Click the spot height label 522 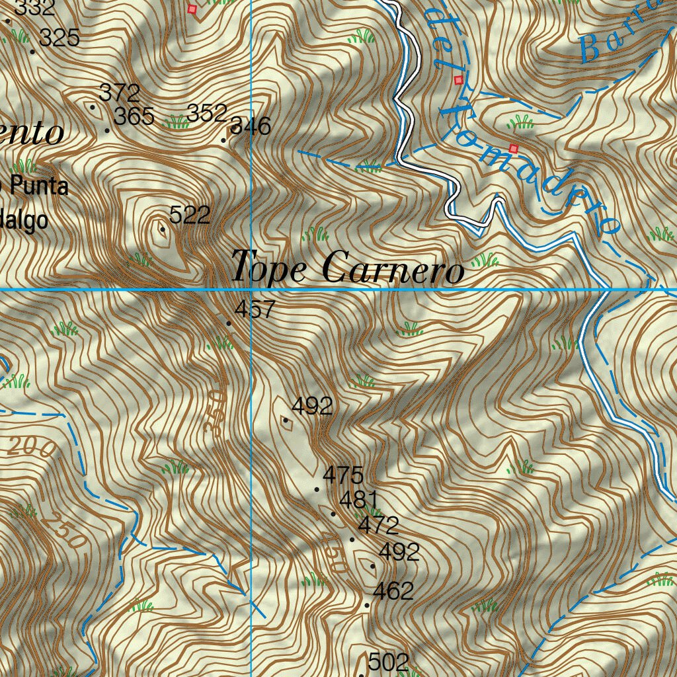(190, 215)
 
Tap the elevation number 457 (255, 309)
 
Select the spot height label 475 (343, 475)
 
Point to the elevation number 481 (358, 499)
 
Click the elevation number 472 (378, 526)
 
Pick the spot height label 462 (393, 591)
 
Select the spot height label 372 (120, 92)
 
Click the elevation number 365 (134, 117)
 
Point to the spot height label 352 (207, 114)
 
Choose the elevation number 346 (251, 126)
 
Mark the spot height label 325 (60, 38)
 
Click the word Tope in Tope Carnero (269, 268)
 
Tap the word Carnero (393, 269)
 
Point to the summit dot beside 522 (163, 229)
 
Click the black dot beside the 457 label (229, 323)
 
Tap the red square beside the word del (458, 80)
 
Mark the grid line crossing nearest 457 (252, 290)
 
